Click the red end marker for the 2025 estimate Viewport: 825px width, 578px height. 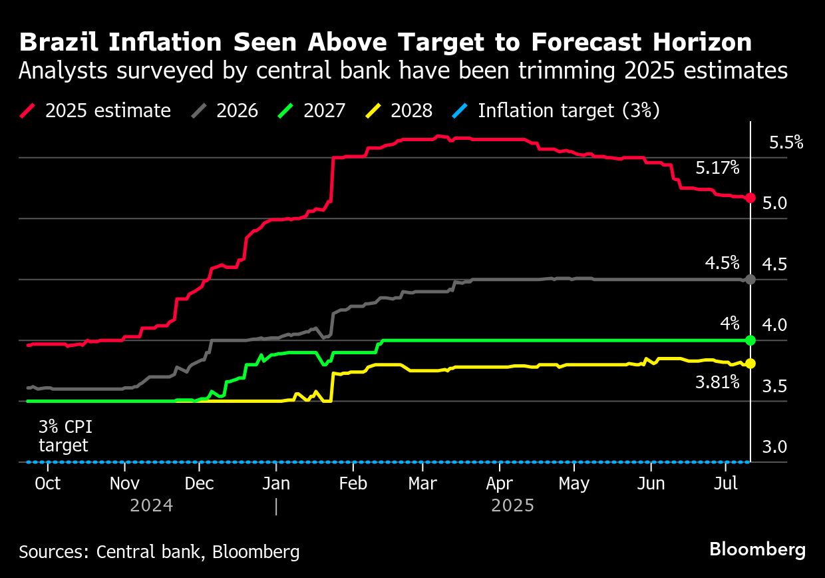click(750, 198)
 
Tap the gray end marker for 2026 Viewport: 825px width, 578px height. click(750, 280)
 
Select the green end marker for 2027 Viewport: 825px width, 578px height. click(750, 340)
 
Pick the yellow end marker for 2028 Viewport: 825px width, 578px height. click(750, 363)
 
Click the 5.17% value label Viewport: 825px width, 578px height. click(717, 168)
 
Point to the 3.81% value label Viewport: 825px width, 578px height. click(717, 382)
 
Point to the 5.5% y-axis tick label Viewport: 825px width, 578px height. click(786, 143)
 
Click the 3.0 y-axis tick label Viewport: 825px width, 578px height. click(774, 446)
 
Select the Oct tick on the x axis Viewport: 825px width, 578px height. click(48, 483)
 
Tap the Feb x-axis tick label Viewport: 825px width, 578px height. click(353, 483)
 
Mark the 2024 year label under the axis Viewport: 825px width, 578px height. click(152, 505)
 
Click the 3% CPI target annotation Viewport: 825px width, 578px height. click(65, 436)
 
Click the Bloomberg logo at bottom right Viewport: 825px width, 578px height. click(757, 549)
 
